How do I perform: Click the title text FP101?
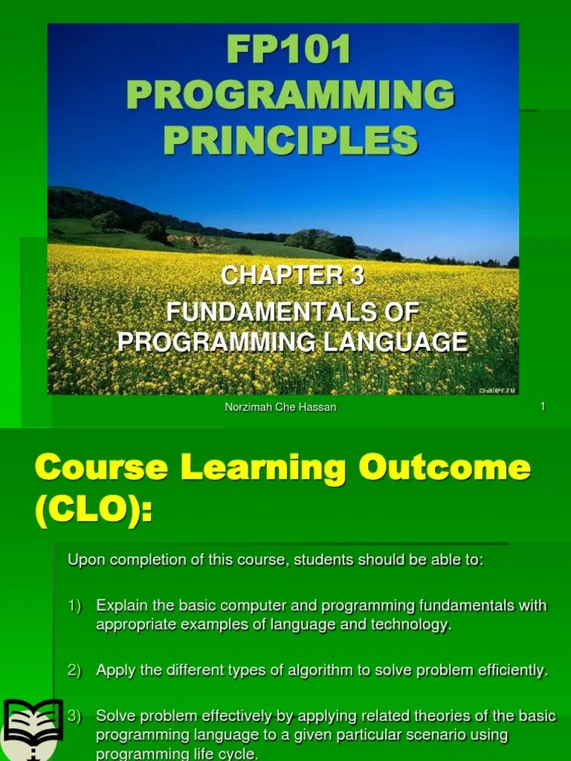pyautogui.click(x=290, y=51)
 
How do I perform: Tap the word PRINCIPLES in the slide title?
pyautogui.click(x=290, y=140)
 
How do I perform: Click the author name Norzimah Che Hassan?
pyautogui.click(x=280, y=407)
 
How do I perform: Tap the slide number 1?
pyautogui.click(x=543, y=407)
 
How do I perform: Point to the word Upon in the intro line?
pyautogui.click(x=83, y=560)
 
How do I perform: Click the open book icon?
pyautogui.click(x=32, y=728)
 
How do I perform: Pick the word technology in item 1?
pyautogui.click(x=414, y=625)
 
